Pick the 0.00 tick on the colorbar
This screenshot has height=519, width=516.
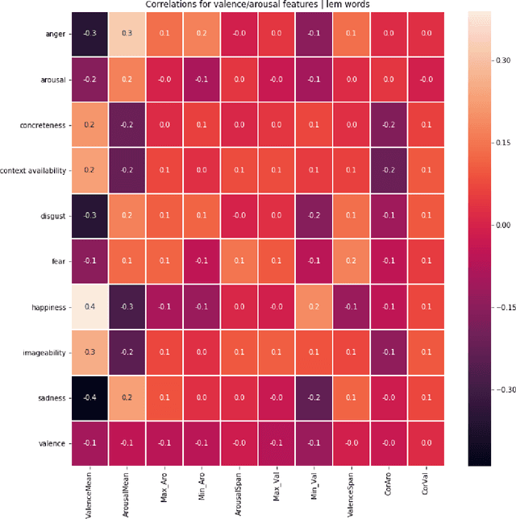pyautogui.click(x=501, y=225)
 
